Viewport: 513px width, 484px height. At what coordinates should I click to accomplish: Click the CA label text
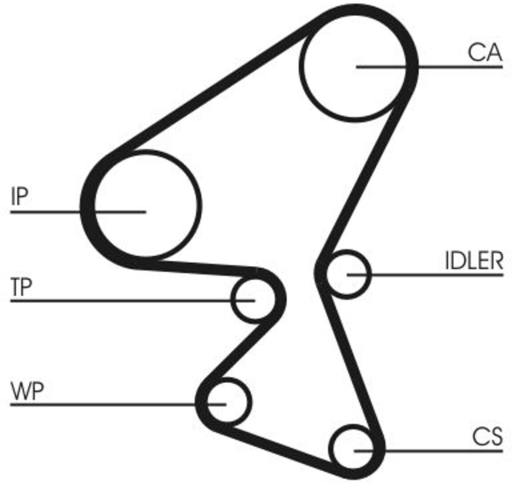pos(485,53)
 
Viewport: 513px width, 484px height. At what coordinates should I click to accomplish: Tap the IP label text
pos(20,196)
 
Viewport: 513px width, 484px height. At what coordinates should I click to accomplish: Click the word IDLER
pos(474,261)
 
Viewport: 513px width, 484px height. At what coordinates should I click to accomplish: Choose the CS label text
pos(487,437)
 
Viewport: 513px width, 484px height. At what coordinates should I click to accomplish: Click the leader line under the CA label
pos(429,67)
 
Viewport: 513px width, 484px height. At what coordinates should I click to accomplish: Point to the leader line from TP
pos(133,300)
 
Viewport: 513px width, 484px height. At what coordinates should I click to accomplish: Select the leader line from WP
pos(118,405)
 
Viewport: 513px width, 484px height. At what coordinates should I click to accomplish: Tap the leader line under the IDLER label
pos(425,274)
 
